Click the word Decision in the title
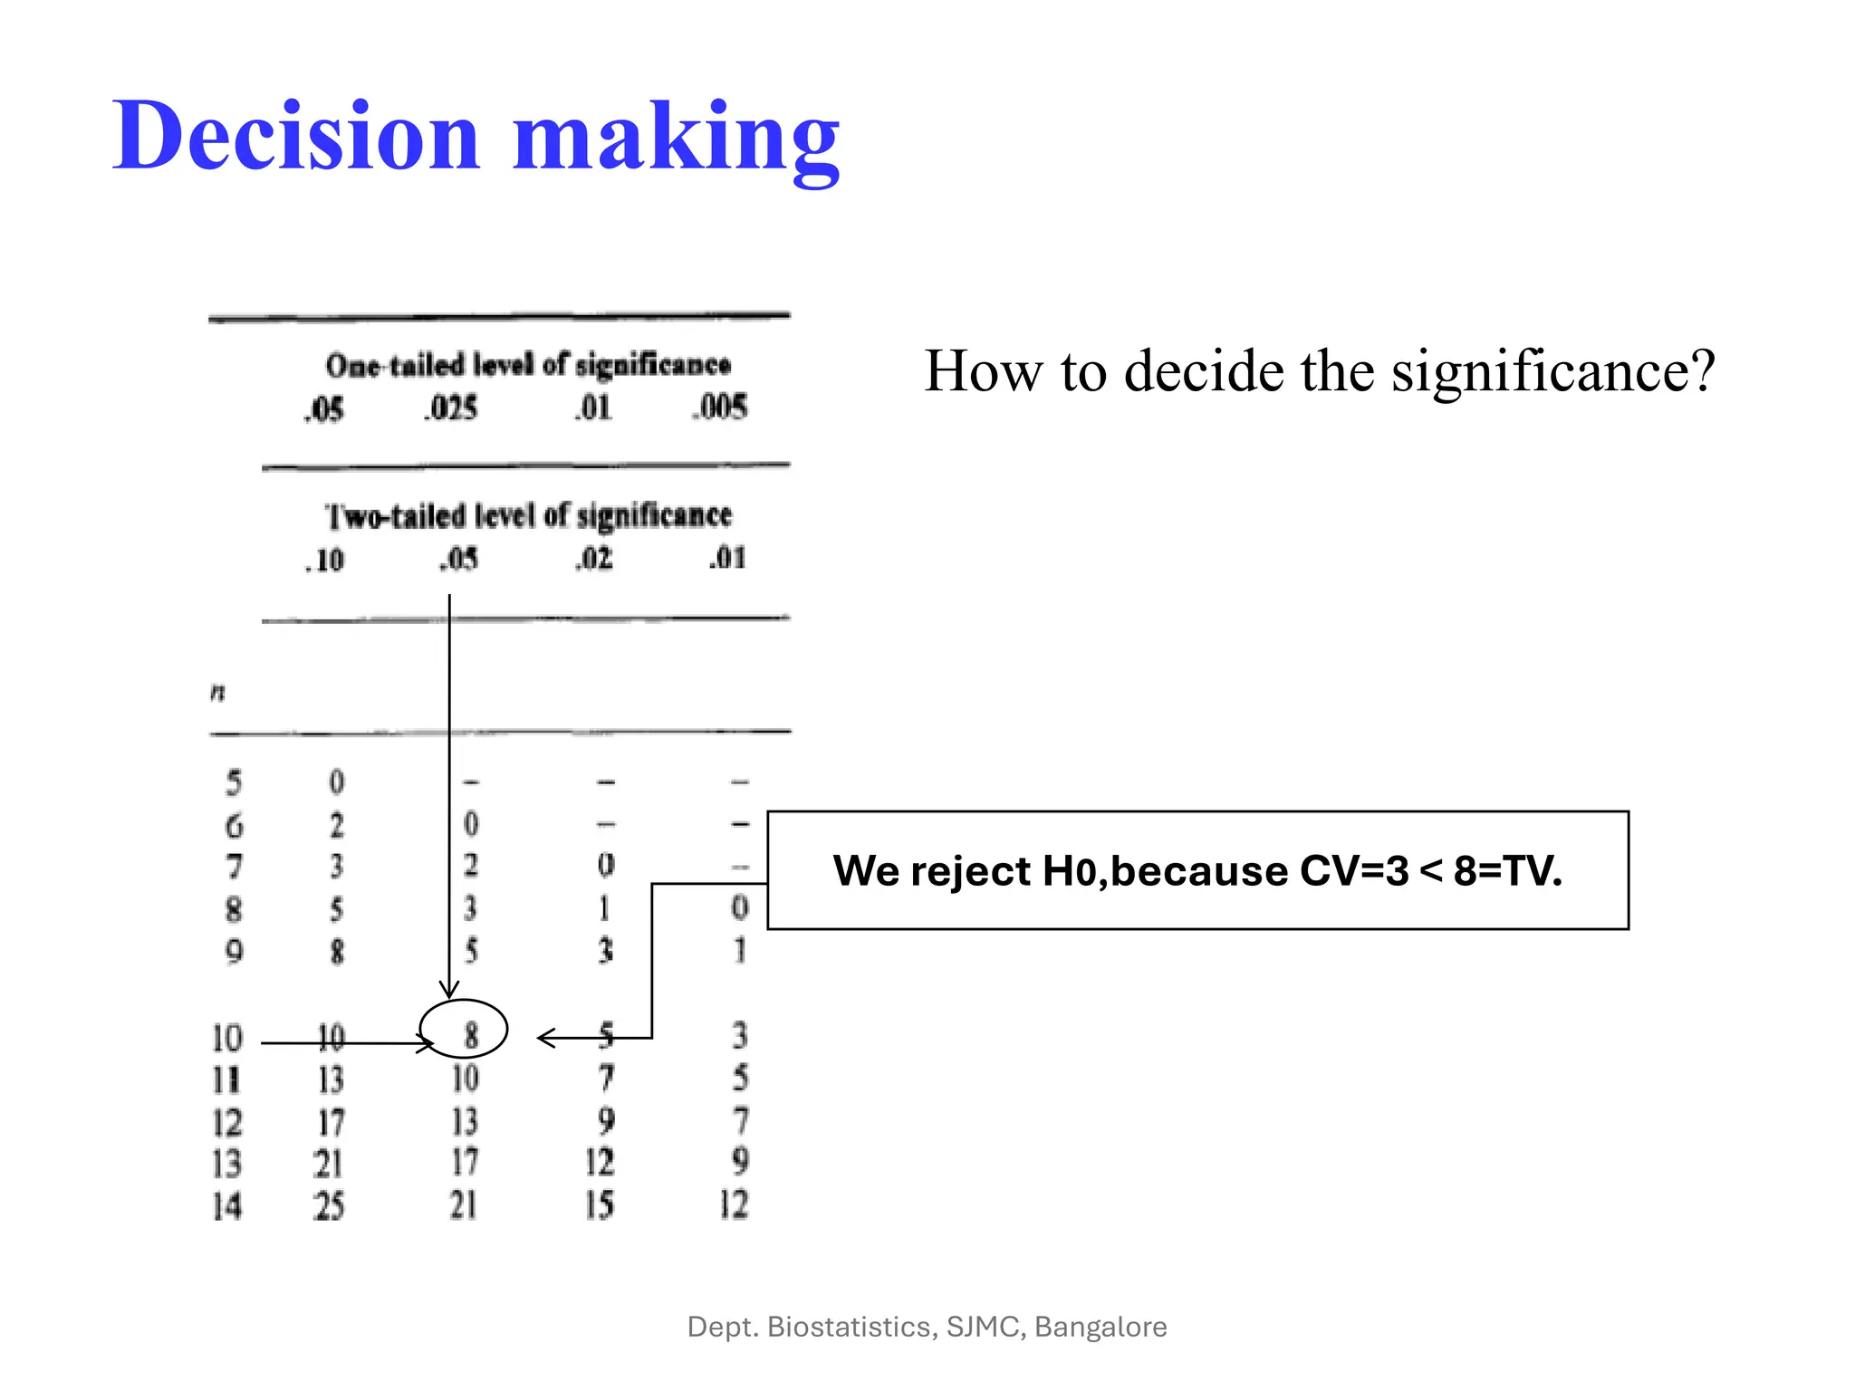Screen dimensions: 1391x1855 [295, 136]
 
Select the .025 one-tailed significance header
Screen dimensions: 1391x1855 [450, 408]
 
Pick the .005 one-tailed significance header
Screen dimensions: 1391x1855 [720, 407]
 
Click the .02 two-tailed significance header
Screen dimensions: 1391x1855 [594, 558]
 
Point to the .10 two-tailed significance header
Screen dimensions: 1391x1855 [324, 561]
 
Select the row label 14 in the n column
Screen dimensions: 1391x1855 [227, 1205]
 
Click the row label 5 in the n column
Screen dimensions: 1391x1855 [234, 782]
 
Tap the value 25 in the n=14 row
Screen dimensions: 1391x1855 [329, 1205]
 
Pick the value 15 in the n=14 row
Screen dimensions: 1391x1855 [599, 1204]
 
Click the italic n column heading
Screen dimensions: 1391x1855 [217, 694]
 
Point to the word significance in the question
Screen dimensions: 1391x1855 [1552, 371]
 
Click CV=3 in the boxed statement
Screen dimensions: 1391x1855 [1354, 871]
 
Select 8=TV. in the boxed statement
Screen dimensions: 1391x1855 [1507, 871]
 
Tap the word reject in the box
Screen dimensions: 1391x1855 [970, 871]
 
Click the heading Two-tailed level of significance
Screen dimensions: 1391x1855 [528, 515]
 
